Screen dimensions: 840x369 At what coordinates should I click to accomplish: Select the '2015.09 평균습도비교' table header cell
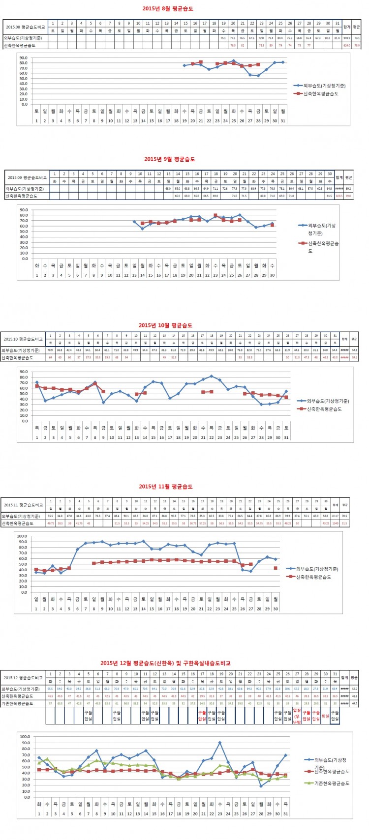pos(27,177)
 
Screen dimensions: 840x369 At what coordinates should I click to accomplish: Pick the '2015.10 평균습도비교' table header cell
pos(23,339)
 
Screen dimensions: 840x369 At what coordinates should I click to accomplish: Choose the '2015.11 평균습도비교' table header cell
pos(23,505)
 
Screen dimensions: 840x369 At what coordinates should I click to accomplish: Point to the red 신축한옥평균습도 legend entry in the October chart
pos(322,408)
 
